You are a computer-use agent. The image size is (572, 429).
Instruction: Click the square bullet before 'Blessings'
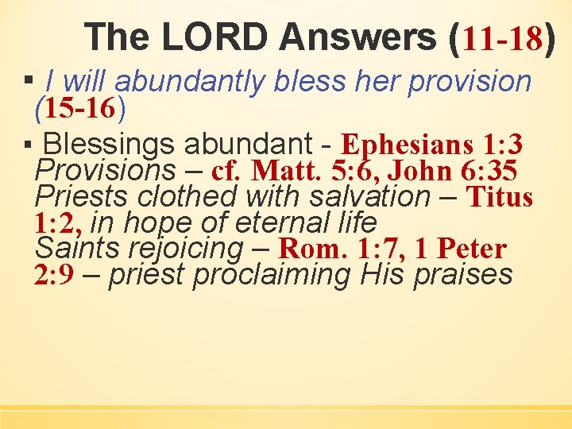point(29,146)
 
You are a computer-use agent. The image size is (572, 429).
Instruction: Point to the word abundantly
point(189,82)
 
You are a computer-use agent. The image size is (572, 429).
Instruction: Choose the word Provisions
point(106,170)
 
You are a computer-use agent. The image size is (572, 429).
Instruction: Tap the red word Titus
point(499,197)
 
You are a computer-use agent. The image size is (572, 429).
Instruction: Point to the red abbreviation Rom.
point(314,249)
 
